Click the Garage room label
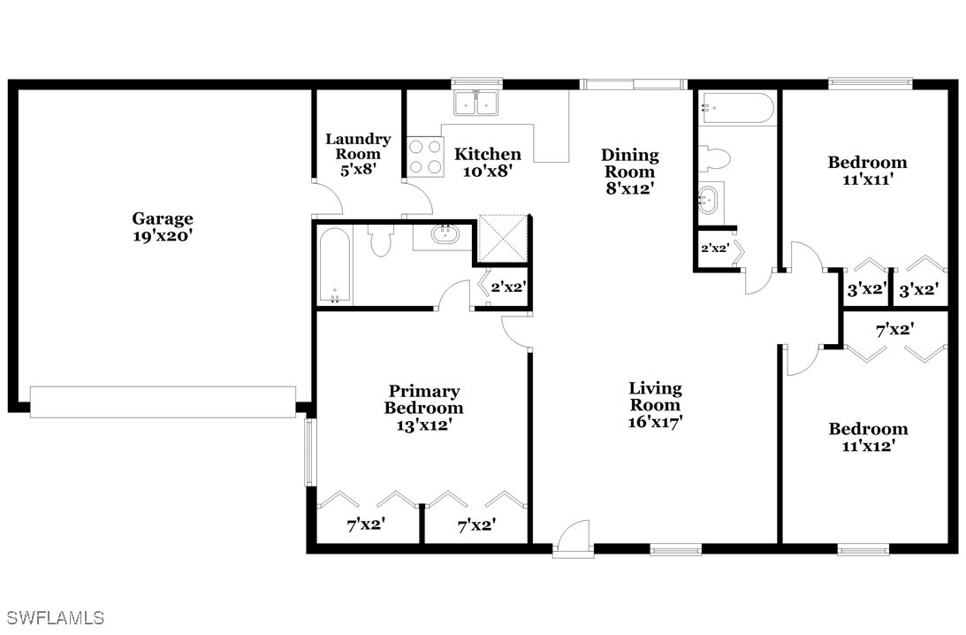pyautogui.click(x=163, y=218)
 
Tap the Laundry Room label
pyautogui.click(x=358, y=146)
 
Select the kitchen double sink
pyautogui.click(x=477, y=103)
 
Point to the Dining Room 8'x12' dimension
pyautogui.click(x=629, y=188)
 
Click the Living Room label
pyautogui.click(x=655, y=396)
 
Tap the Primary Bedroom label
pyautogui.click(x=424, y=400)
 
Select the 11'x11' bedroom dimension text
pyautogui.click(x=867, y=180)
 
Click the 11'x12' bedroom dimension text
pyautogui.click(x=868, y=445)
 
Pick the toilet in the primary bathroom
pyautogui.click(x=379, y=239)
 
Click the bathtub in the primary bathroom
pyautogui.click(x=335, y=265)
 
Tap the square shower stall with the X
pyautogui.click(x=504, y=239)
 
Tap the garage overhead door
pyautogui.click(x=163, y=402)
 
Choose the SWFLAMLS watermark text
pyautogui.click(x=52, y=617)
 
